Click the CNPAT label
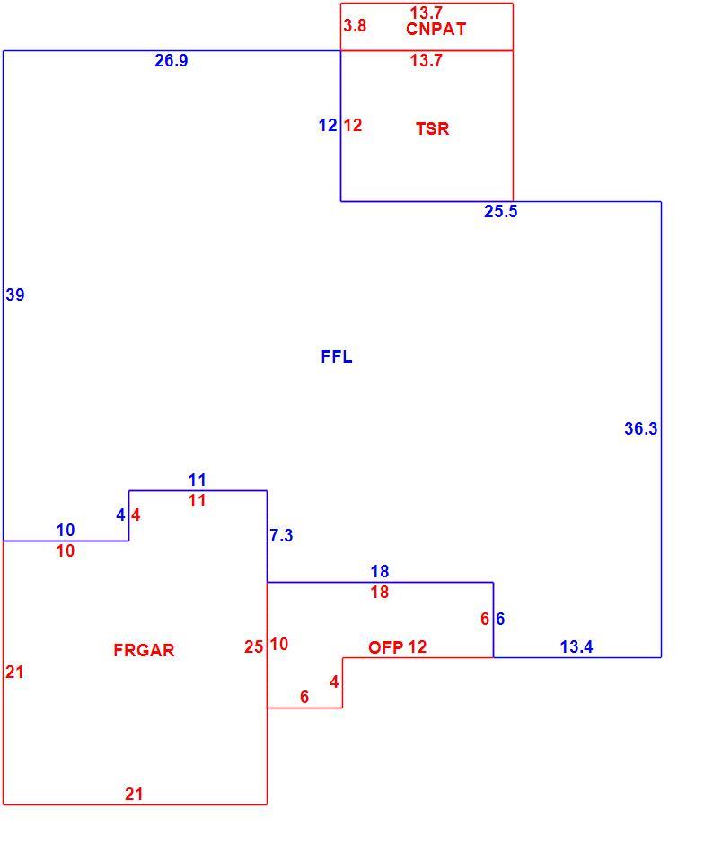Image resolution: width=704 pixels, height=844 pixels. coord(436,29)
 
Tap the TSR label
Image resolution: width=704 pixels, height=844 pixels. coord(432,128)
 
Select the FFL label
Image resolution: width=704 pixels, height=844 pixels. coord(337,356)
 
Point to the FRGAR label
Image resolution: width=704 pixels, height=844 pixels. coord(144,650)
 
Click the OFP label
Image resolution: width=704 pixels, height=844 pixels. coord(385,647)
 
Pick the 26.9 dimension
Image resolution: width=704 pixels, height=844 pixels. coord(172,60)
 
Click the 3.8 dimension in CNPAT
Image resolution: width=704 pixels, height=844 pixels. coord(356,25)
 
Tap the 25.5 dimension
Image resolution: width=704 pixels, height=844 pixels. coord(500,212)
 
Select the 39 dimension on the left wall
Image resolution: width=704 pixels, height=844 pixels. coord(15,295)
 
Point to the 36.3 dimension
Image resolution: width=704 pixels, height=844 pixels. coord(640,428)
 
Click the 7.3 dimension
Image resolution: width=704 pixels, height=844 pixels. coord(281,535)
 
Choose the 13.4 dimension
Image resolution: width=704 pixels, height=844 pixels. coord(576,647)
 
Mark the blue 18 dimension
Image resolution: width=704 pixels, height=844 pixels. coord(380,571)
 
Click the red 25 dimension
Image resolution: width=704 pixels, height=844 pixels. coord(253,646)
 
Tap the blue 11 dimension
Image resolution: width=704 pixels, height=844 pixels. coord(197,479)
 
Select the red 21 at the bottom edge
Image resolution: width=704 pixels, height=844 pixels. coord(134,794)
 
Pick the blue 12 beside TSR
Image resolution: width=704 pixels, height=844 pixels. coord(328,126)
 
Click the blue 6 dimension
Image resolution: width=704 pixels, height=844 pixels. coord(500,619)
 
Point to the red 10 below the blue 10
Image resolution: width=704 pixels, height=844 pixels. coord(66,551)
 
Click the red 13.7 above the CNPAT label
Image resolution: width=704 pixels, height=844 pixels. coord(427,13)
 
